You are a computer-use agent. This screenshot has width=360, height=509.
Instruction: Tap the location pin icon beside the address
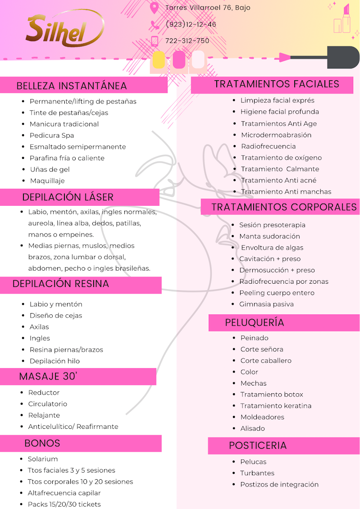coord(155,8)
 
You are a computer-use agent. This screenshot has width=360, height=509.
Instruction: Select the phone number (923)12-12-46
coord(191,24)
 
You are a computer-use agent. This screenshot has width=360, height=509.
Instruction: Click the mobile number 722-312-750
coord(187,41)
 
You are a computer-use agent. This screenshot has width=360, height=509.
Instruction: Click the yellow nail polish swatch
coord(159,60)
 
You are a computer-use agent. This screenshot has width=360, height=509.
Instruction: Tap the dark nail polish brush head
coord(343,57)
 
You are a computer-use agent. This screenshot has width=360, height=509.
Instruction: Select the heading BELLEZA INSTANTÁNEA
coord(72,86)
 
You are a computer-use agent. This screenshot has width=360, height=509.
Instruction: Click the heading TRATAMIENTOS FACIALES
coord(277,84)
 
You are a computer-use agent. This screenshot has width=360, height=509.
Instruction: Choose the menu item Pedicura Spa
coord(52,136)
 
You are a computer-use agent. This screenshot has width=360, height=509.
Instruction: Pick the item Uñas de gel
coord(50,169)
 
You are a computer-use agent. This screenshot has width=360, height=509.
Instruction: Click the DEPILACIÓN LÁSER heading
coord(68,197)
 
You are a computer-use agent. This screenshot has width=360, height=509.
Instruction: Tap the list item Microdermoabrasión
coord(276,135)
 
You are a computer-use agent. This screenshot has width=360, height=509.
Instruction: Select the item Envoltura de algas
coord(272,248)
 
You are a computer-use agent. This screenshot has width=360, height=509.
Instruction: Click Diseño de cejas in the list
coord(56,316)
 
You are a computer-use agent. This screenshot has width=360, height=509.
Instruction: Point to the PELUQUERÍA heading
coord(255,323)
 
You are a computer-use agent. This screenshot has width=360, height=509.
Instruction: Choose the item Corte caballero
coord(266,361)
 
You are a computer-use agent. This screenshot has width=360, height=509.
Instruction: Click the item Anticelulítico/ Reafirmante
coord(73,427)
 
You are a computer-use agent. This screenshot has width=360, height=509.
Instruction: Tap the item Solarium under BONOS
coord(43,459)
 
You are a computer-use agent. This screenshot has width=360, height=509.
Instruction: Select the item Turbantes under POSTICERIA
coord(257,473)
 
